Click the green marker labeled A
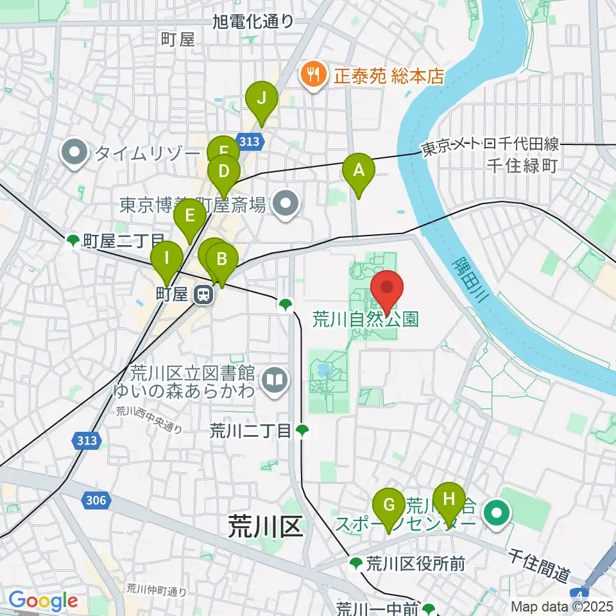(358, 172)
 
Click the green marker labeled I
(167, 260)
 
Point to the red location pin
(387, 289)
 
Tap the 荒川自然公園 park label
(366, 319)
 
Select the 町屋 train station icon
(204, 295)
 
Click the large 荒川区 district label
(265, 528)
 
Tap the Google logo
(43, 601)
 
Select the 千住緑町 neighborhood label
(520, 166)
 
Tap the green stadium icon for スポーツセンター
(496, 513)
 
